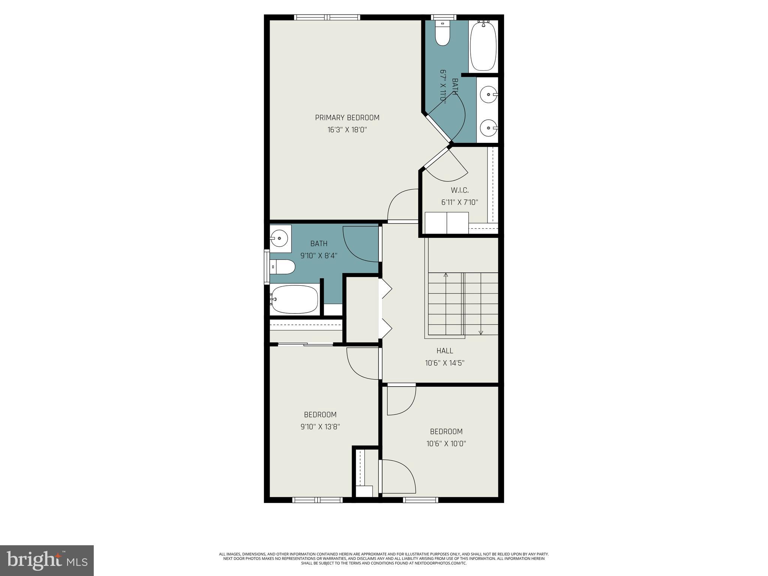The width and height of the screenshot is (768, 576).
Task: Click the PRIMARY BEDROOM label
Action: coord(347,118)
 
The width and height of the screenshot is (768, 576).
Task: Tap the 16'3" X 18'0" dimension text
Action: coord(347,130)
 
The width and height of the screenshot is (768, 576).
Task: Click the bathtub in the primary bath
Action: coord(483,46)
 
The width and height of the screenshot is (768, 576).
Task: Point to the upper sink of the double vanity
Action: coord(489,94)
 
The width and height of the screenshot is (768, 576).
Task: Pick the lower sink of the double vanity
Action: coord(489,127)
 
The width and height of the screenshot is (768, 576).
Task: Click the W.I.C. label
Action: coord(459,190)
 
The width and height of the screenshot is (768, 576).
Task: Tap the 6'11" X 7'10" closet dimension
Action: coord(459,202)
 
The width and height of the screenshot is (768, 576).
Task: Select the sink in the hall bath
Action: coord(279,238)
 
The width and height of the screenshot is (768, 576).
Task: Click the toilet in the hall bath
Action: coord(282,267)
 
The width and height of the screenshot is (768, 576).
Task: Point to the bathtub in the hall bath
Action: coord(294,299)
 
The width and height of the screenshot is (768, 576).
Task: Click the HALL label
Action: coord(445,351)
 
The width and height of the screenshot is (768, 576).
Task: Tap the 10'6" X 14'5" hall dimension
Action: coord(445,363)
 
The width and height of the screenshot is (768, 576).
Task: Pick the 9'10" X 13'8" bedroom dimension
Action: coord(320,427)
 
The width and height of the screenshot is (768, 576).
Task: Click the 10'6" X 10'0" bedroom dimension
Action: coord(446,444)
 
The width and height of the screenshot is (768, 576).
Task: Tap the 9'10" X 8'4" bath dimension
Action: coord(319,256)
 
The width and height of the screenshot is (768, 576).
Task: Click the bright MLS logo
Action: coord(47,560)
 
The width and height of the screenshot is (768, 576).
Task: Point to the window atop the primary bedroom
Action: coord(327,17)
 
